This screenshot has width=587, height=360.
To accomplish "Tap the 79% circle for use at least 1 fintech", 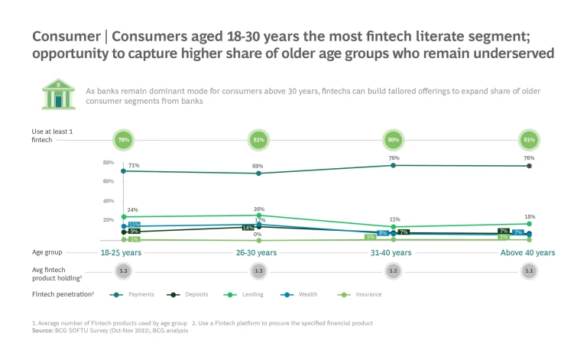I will coord(124,140).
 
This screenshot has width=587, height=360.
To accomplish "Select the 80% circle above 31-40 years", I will coord(393,140).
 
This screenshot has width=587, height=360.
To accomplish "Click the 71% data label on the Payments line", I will coord(133,164).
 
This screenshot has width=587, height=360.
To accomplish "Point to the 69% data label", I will coord(258,166).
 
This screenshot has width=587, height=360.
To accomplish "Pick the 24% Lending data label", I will coord(132,209).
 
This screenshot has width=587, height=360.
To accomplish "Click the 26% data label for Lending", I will coord(258,209).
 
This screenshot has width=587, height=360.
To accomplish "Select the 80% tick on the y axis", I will coord(109,163).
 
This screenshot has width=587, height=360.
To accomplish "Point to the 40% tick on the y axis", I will coord(109,201).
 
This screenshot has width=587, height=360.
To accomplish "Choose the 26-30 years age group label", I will coord(258,252).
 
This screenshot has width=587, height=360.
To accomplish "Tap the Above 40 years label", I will coord(527,252).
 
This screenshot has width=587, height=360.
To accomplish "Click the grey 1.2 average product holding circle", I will coord(393,271).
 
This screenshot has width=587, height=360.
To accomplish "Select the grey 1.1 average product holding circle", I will coord(527,271).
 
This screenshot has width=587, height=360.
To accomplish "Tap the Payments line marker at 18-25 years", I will coord(124,171).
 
